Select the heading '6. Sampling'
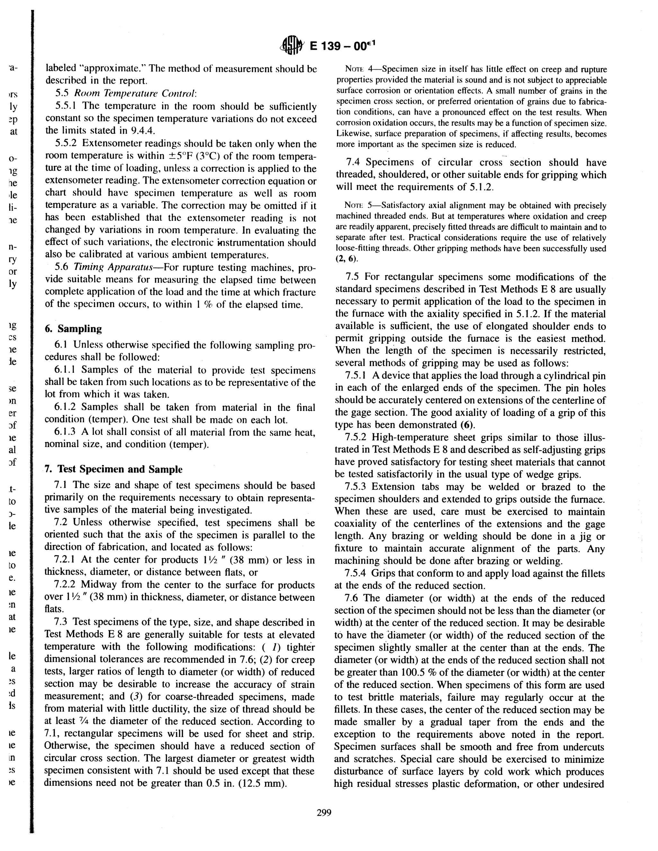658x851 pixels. click(73, 329)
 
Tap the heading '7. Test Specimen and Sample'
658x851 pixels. click(113, 469)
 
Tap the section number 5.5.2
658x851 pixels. click(68, 144)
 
